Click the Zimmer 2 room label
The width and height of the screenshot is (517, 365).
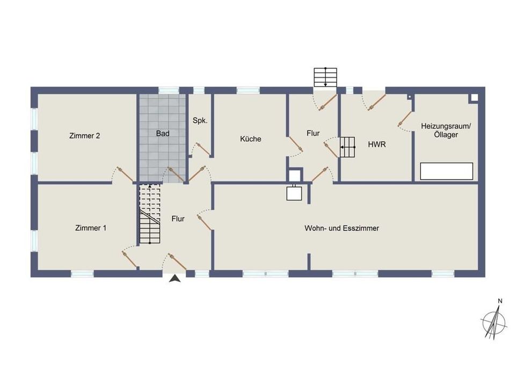pyautogui.click(x=85, y=135)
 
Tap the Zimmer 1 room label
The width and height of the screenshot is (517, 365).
pyautogui.click(x=91, y=228)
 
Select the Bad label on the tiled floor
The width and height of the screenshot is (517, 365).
pyautogui.click(x=163, y=133)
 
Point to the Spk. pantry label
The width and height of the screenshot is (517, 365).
pyautogui.click(x=200, y=121)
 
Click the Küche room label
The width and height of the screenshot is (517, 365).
pyautogui.click(x=251, y=139)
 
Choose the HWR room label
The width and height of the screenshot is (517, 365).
pyautogui.click(x=377, y=144)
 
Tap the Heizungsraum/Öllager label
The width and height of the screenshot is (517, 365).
pyautogui.click(x=446, y=130)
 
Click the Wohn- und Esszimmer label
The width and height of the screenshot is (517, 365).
pyautogui.click(x=341, y=228)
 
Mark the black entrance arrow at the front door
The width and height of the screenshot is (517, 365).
pyautogui.click(x=175, y=279)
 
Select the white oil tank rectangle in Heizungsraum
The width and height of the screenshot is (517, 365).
pyautogui.click(x=447, y=171)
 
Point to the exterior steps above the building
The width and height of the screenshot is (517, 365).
pyautogui.click(x=325, y=77)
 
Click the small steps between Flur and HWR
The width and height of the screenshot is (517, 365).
pyautogui.click(x=347, y=147)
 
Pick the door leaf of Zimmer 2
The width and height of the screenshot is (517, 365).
pyautogui.click(x=126, y=176)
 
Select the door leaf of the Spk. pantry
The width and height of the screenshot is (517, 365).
pyautogui.click(x=203, y=149)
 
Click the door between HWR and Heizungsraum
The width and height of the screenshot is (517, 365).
pyautogui.click(x=405, y=119)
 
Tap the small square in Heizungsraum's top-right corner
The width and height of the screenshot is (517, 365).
pyautogui.click(x=474, y=98)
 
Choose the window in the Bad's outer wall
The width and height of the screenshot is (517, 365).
pyautogui.click(x=169, y=90)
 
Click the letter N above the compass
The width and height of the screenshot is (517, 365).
pyautogui.click(x=500, y=301)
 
